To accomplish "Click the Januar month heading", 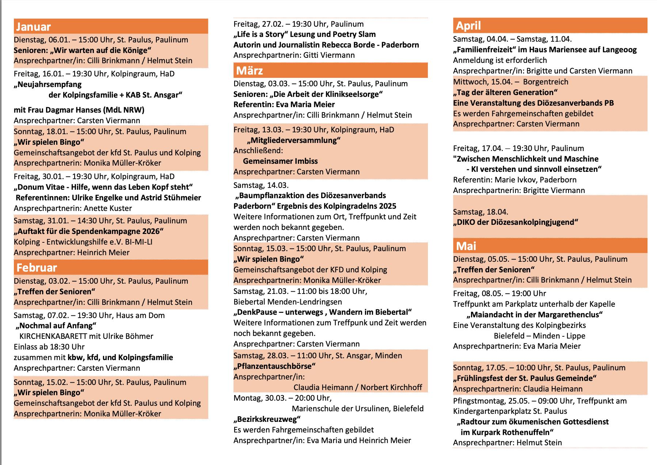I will (x=33, y=27).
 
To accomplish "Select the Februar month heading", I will (x=37, y=268).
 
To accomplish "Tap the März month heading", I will (x=250, y=71).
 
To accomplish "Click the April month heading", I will (x=468, y=26).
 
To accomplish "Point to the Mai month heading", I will (x=466, y=246).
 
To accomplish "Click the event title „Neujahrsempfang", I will (x=48, y=84).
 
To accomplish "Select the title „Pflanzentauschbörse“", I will (x=274, y=366).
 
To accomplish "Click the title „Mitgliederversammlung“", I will (x=293, y=140).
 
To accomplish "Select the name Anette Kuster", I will (x=108, y=208).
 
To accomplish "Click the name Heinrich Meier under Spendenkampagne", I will (x=103, y=253).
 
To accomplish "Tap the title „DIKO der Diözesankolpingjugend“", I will (x=516, y=222).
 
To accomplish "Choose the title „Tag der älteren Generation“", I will (x=505, y=92).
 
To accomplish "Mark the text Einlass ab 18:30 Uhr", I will (x=49, y=347).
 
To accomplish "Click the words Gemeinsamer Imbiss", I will (x=280, y=161).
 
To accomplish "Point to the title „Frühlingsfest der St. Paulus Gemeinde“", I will (x=525, y=378).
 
